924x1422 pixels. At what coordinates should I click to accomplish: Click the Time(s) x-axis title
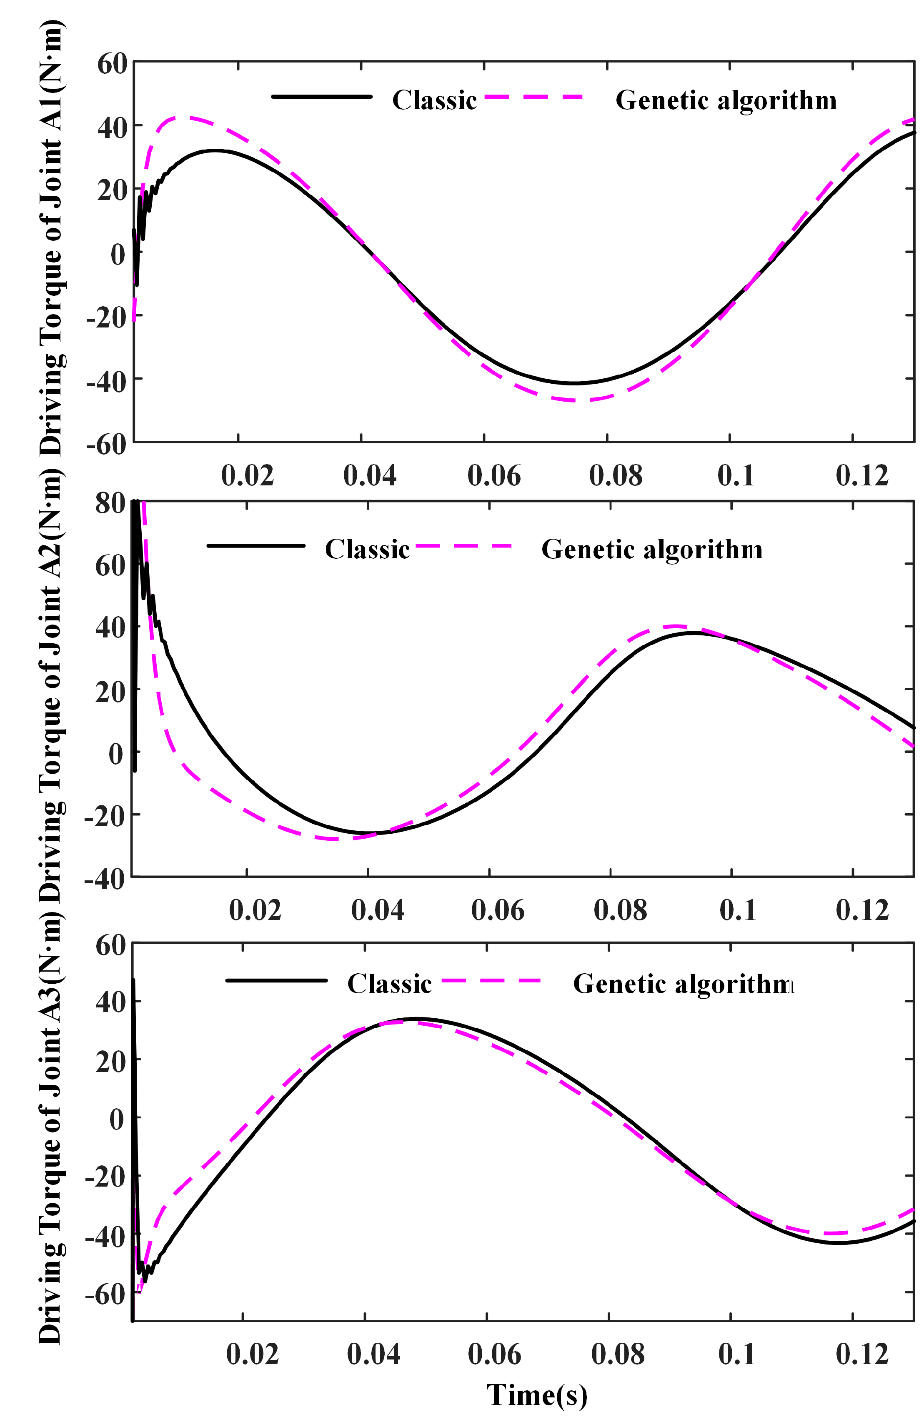tap(537, 1395)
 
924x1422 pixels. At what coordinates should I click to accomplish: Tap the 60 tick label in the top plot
tap(113, 63)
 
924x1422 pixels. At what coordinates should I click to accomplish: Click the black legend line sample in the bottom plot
tap(276, 980)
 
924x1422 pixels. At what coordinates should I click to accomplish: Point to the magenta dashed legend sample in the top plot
tap(534, 96)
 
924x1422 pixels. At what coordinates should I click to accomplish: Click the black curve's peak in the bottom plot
tap(417, 1019)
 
